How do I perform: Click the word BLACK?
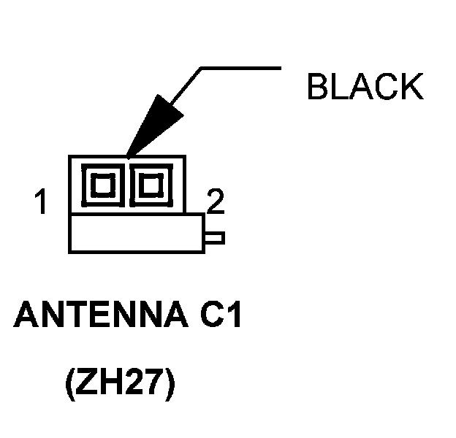point(365,87)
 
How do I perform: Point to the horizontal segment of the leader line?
point(241,68)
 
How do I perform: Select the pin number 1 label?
point(43,202)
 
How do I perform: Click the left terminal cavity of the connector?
point(103,184)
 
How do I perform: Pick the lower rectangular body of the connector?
point(136,234)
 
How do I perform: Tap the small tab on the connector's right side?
point(215,237)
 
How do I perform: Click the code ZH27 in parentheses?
point(119,385)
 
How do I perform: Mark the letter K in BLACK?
point(411,87)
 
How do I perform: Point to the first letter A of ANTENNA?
point(26,317)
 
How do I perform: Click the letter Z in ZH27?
point(86,385)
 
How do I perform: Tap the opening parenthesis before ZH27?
point(71,385)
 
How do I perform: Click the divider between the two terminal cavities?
point(127,184)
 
